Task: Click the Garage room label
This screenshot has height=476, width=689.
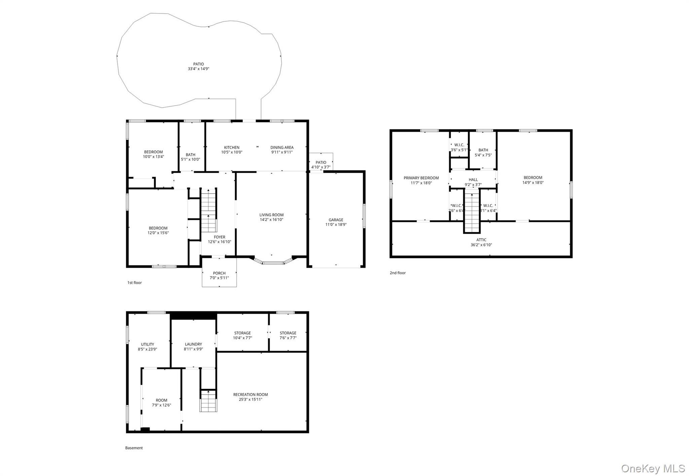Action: pos(336,220)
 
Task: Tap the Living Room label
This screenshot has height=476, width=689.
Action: pos(271,215)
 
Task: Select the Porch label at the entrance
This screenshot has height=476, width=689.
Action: pos(219,273)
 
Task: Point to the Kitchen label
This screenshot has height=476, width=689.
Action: pos(232,147)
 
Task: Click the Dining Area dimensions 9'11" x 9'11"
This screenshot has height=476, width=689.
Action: pos(282,152)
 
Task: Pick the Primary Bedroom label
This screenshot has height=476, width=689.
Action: pos(421,178)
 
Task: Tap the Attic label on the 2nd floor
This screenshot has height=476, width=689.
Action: pos(481,240)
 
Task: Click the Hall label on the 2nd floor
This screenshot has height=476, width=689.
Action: pos(473,180)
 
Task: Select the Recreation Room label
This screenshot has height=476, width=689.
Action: pos(251,394)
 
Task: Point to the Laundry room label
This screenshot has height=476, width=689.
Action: pos(193,344)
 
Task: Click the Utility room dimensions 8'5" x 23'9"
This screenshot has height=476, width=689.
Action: pos(147,349)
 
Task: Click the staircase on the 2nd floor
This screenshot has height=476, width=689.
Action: pos(472,210)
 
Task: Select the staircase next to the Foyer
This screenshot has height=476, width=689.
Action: pos(209,210)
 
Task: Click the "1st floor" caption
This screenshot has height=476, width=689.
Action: pos(135,283)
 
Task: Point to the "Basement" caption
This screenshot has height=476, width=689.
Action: pos(134,448)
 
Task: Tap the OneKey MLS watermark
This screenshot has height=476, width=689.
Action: pos(653,468)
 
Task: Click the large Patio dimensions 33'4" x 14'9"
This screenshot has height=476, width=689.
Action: pos(198,69)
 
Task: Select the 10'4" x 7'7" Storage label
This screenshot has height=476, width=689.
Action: pos(243,335)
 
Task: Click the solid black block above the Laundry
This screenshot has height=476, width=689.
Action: pos(193,316)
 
